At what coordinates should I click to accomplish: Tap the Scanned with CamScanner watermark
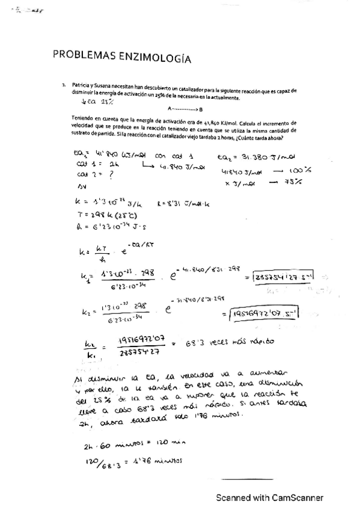point(270,498)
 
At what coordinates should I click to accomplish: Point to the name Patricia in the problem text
point(82,85)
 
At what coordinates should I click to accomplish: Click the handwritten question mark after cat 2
point(111,174)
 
